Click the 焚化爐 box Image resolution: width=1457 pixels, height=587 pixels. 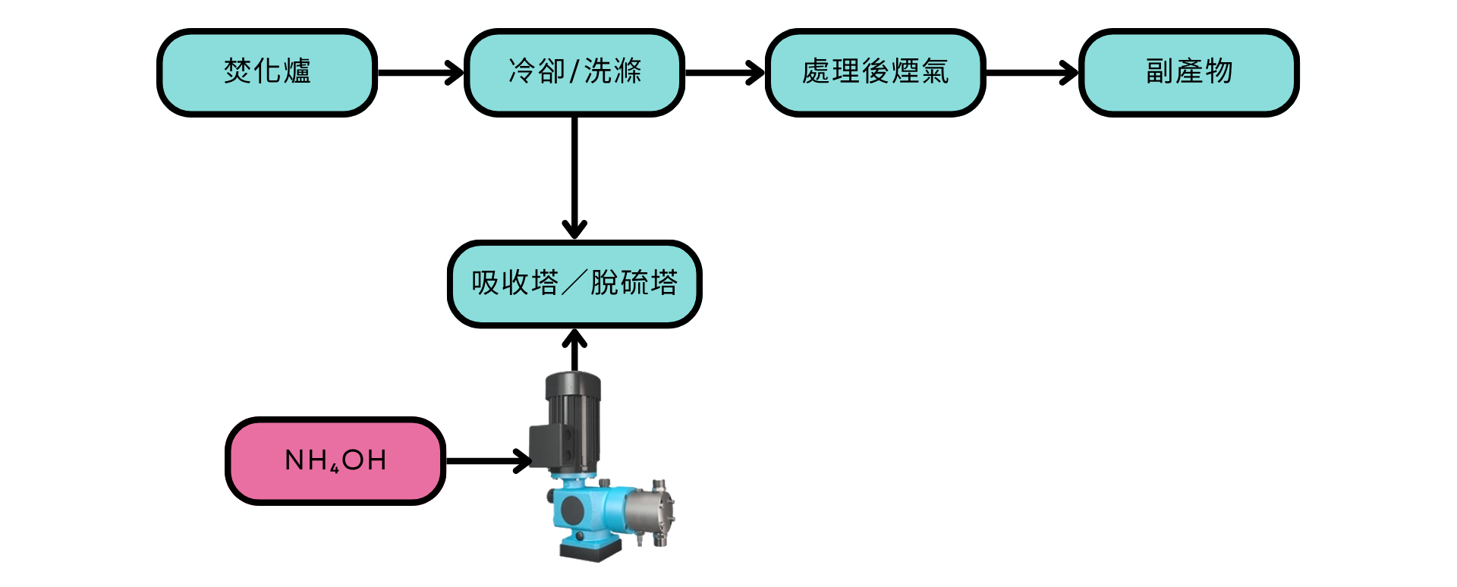pos(267,73)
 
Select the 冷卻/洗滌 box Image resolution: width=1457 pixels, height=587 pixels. pos(574,73)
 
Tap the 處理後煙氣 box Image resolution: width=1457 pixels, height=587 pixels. pos(875,73)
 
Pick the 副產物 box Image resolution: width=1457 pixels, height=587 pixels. pos(1189,73)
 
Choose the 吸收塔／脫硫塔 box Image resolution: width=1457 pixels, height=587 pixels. pos(574,284)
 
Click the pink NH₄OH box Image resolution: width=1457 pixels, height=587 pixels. pos(335,460)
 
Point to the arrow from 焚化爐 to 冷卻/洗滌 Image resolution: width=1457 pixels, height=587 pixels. pos(420,73)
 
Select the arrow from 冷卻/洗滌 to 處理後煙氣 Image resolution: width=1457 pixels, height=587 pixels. pos(725,73)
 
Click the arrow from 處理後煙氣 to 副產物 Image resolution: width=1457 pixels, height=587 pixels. pos(1031,73)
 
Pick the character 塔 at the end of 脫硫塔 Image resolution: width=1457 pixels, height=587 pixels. pos(664,284)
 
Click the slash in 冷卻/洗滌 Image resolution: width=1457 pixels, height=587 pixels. pos(574,73)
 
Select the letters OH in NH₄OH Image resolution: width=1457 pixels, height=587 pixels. pos(364,460)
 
